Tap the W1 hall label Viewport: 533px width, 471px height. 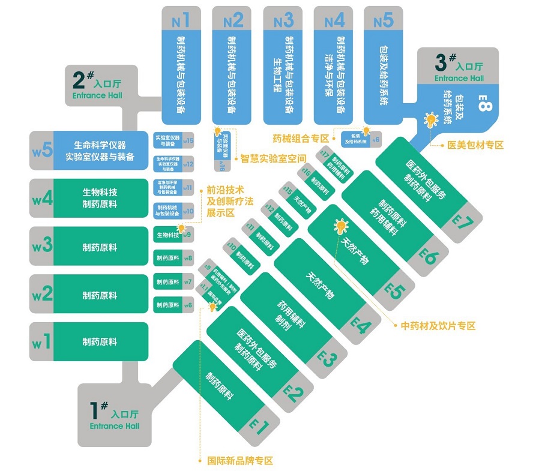(41, 343)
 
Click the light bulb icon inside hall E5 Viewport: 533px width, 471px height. (341, 227)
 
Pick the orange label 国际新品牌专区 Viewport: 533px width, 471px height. (240, 461)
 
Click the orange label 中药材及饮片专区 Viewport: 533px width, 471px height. (438, 326)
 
